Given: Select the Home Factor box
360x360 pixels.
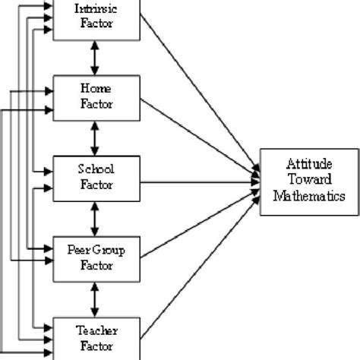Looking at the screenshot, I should (x=95, y=98).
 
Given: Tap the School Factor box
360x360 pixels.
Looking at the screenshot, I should (x=95, y=178).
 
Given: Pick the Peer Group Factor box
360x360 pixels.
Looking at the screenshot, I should (x=95, y=259).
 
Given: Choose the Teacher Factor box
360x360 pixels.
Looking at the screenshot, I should (x=95, y=339).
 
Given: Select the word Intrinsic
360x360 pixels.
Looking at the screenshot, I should (x=95, y=8).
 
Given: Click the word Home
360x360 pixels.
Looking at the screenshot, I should (x=95, y=90).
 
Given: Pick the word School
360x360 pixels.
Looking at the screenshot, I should (x=95, y=171).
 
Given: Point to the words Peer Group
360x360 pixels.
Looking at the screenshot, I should (x=95, y=251).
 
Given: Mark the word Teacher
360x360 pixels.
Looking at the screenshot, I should (x=95, y=331).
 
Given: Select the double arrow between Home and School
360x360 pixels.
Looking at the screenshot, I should (x=95, y=138).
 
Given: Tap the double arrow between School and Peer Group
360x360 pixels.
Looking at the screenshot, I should (x=95, y=219).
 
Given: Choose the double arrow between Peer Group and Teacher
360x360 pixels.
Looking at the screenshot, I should (x=95, y=299).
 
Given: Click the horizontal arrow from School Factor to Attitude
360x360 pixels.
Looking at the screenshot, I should (x=197, y=182).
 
